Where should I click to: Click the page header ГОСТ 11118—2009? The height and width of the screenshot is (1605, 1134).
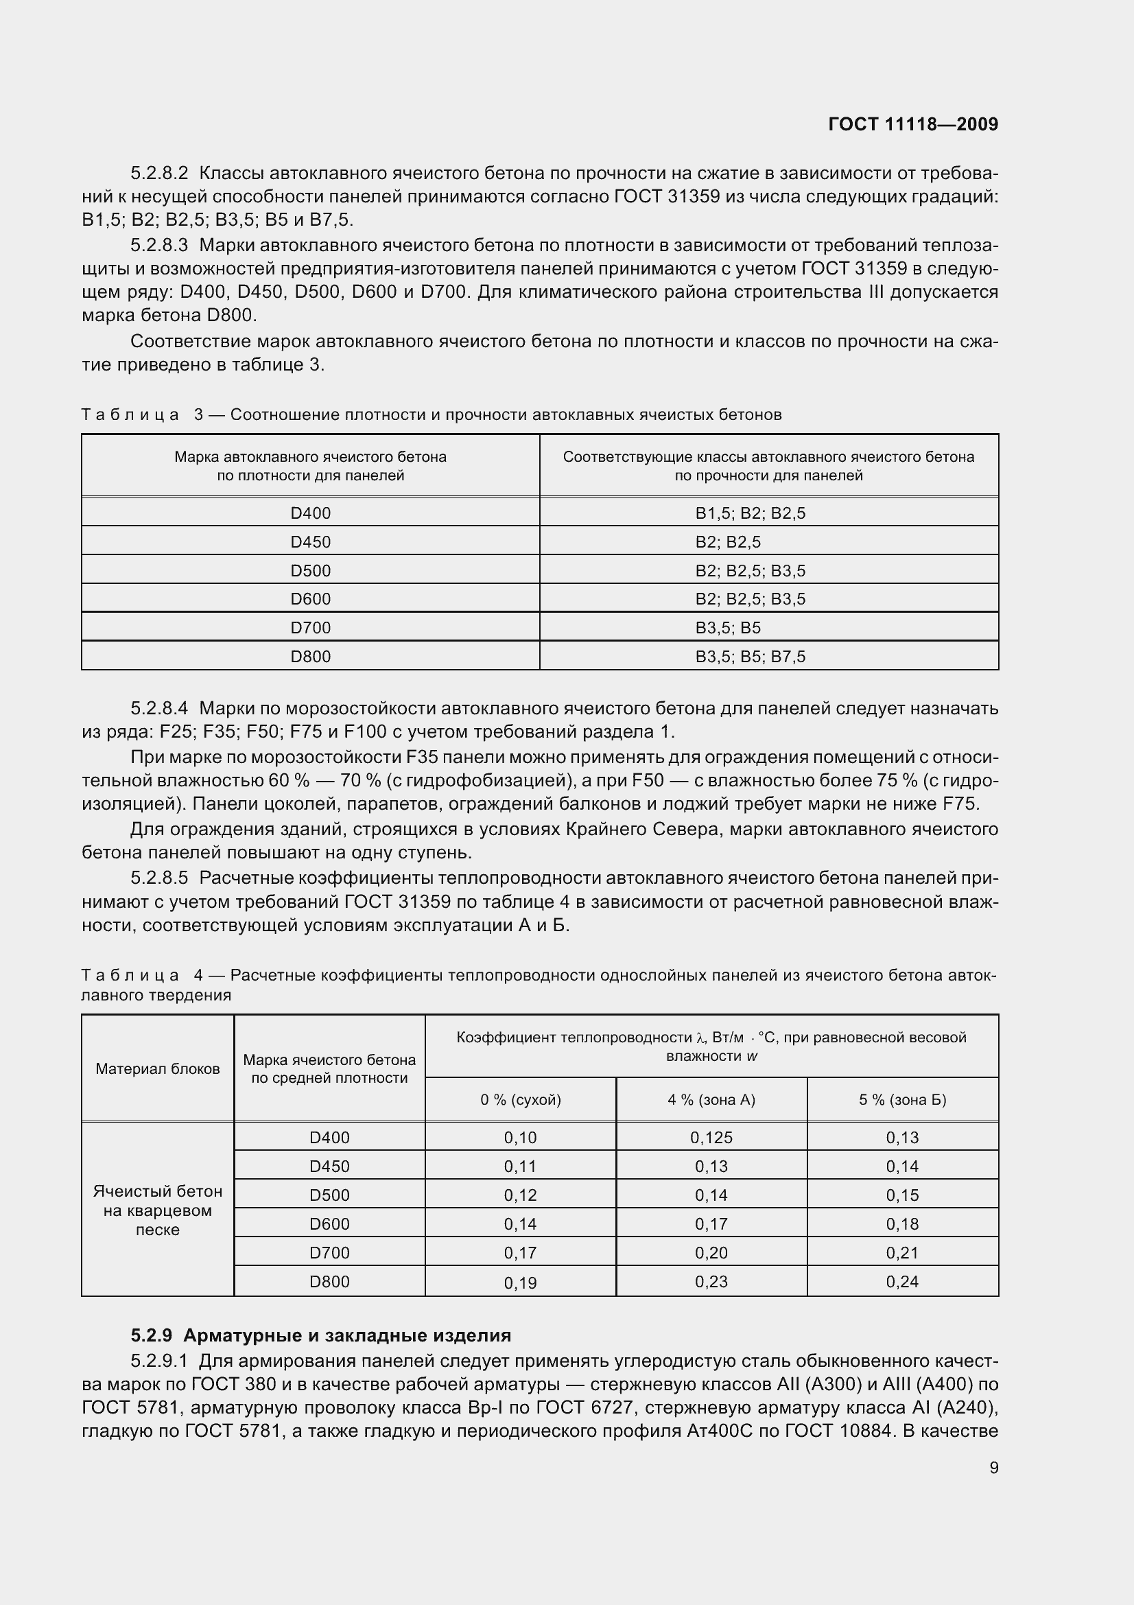[x=912, y=124]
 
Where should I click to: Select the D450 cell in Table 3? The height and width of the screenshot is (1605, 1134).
[x=310, y=542]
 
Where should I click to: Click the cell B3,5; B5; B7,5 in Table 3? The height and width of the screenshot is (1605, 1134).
[x=750, y=657]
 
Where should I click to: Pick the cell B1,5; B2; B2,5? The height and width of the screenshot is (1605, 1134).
[x=750, y=513]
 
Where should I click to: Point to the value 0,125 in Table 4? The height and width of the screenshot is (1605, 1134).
[x=711, y=1137]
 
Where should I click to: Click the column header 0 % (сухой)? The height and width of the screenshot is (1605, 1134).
[x=521, y=1099]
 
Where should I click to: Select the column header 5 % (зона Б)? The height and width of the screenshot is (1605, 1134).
[x=902, y=1099]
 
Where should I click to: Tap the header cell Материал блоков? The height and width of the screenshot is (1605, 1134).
[x=158, y=1069]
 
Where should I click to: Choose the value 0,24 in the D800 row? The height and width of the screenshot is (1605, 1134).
[x=902, y=1281]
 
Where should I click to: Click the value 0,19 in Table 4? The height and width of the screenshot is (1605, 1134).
[x=521, y=1282]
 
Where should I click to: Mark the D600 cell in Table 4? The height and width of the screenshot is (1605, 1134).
[x=329, y=1223]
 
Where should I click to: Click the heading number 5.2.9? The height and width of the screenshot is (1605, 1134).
[x=151, y=1335]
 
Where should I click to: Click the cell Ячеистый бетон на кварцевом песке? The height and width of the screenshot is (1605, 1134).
[x=158, y=1210]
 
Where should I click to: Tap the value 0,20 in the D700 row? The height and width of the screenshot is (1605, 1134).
[x=711, y=1253]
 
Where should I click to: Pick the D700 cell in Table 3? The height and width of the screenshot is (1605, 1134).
[x=310, y=628]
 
